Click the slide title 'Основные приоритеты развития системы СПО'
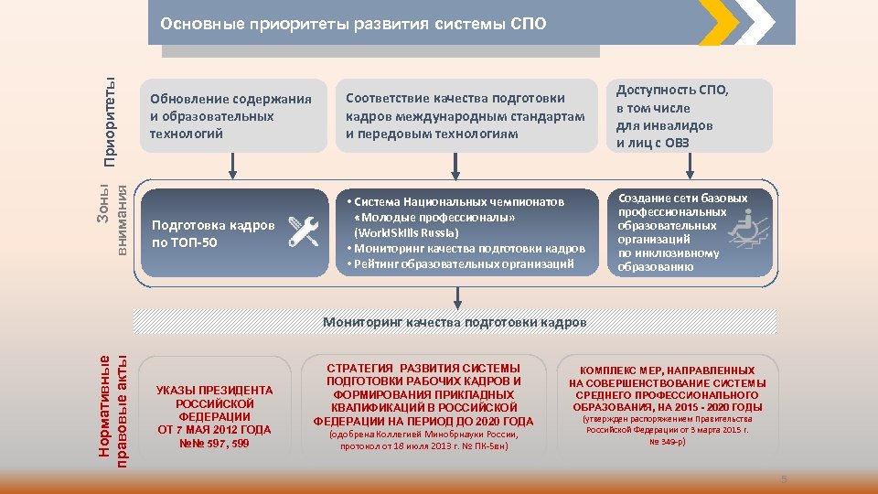(353, 23)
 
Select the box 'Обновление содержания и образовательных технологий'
(232, 116)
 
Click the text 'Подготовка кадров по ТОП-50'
(213, 233)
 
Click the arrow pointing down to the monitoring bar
(456, 297)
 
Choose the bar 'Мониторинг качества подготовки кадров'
(455, 322)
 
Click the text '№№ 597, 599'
(214, 444)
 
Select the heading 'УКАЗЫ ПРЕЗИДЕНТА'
(214, 390)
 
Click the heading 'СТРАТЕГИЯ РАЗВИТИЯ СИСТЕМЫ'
(423, 368)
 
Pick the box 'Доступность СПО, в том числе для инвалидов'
(691, 116)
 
